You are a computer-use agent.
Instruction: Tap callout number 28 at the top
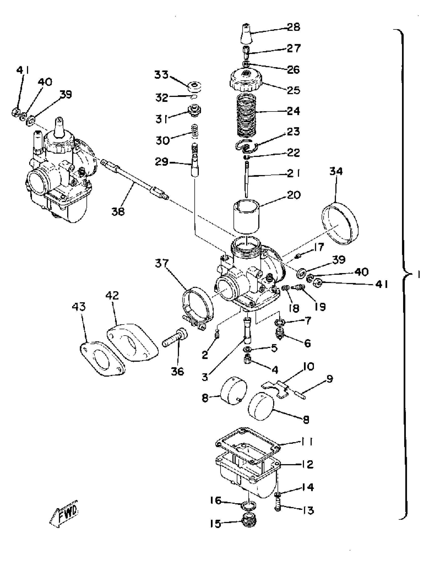pos(294,27)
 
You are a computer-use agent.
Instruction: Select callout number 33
pos(161,75)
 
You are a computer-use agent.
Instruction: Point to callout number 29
pos(161,162)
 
